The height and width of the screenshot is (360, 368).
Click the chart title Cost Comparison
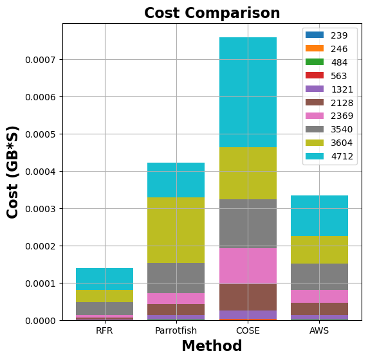tap(212, 14)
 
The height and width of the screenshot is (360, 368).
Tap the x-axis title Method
tap(212, 346)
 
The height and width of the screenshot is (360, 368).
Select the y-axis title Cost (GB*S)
tap(13, 172)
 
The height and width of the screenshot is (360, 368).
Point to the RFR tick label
tap(104, 330)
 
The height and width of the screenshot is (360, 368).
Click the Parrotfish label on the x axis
tap(176, 330)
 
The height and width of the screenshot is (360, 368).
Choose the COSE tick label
tap(248, 330)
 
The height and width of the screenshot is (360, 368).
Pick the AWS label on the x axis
tap(319, 330)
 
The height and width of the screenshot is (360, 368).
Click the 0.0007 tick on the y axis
tap(40, 60)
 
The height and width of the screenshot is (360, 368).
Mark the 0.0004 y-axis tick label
tap(40, 172)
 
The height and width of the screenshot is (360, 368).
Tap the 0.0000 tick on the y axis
tap(40, 321)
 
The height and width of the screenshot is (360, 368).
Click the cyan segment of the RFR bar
tap(104, 279)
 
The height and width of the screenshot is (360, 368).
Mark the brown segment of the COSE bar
tap(248, 297)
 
